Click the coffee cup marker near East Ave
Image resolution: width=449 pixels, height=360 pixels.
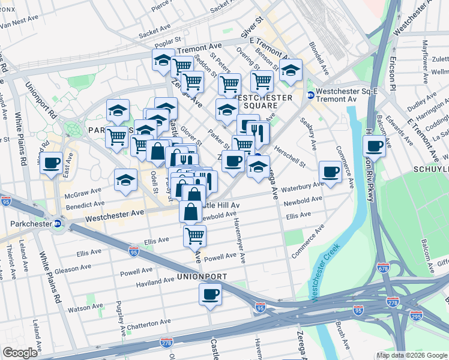coord(52,162)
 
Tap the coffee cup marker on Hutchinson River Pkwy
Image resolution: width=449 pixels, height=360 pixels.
coord(375,146)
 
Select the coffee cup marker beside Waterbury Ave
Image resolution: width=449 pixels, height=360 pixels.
coord(330,172)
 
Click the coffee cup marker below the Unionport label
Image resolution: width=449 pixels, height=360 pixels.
coord(210,295)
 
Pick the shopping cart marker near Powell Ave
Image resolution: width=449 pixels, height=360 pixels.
coord(194,236)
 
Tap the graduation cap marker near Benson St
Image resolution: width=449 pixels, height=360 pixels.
coord(290,70)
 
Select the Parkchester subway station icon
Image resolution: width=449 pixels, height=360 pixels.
coord(58,224)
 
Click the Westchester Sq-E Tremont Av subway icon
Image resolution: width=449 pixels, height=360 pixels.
coord(311,95)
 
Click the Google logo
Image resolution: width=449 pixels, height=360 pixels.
coord(20,353)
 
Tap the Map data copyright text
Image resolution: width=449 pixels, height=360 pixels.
coord(411,355)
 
